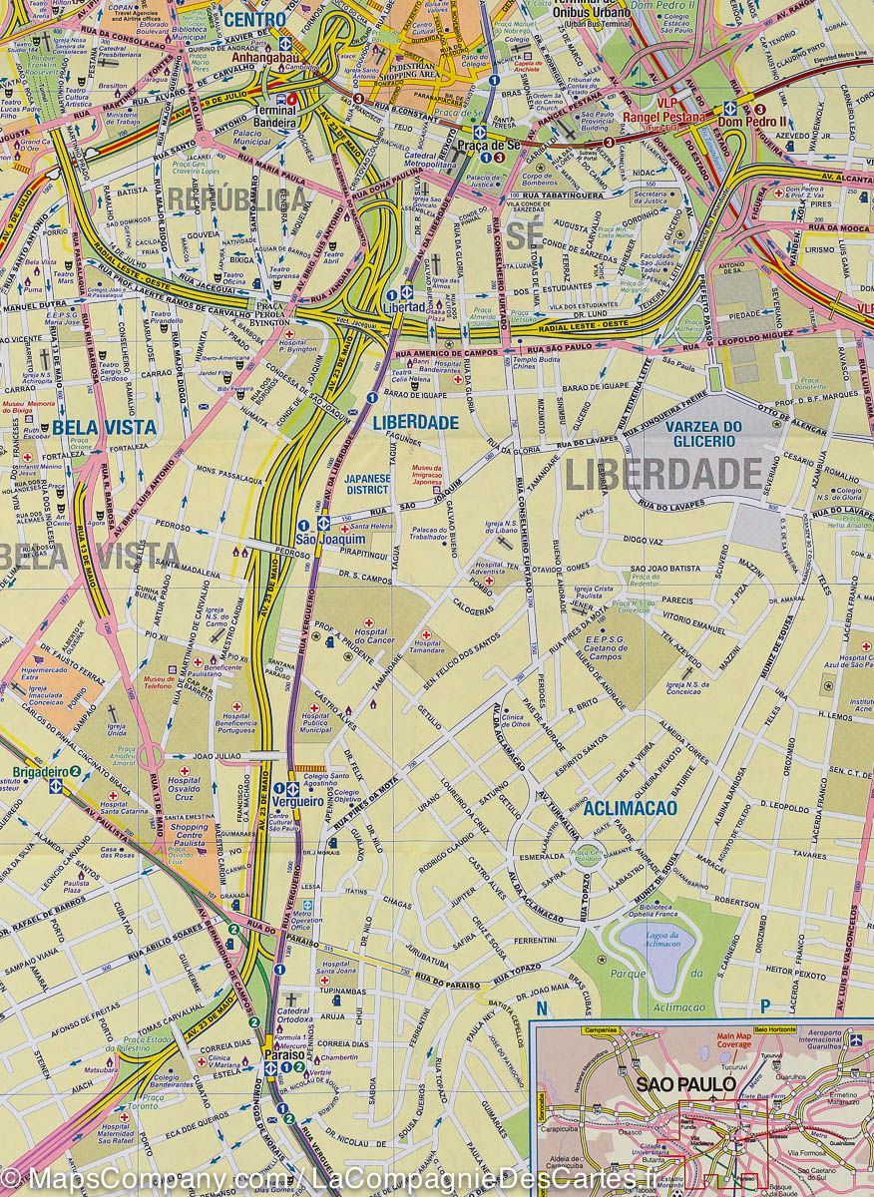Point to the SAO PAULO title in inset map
[x=686, y=1084]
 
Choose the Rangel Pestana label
[x=662, y=118]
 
